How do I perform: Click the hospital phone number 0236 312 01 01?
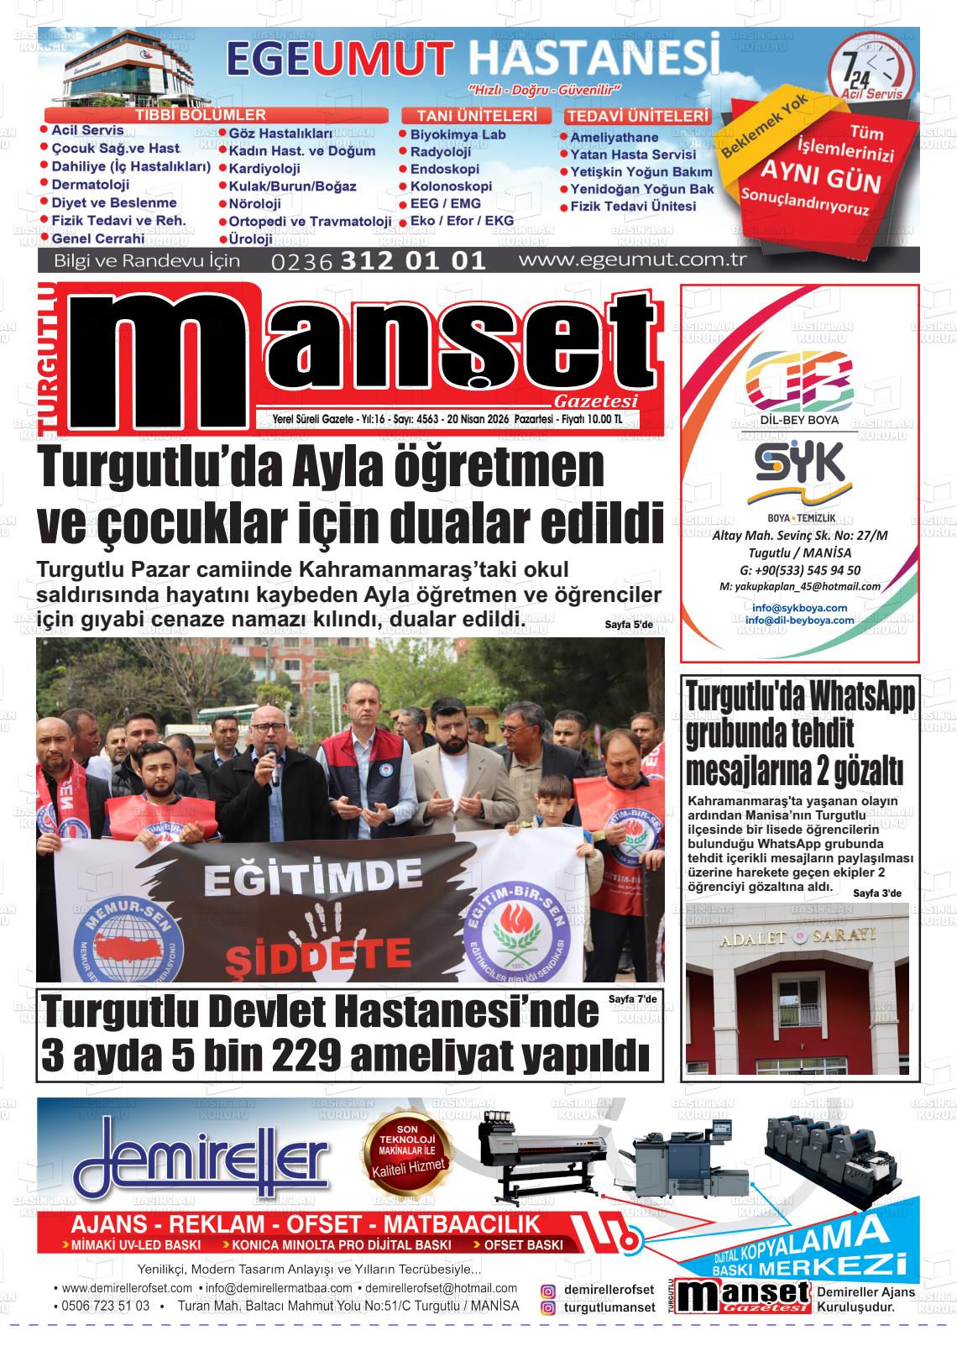click(379, 260)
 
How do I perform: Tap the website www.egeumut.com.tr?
click(632, 259)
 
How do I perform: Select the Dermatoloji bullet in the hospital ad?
click(90, 185)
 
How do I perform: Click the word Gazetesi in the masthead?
click(596, 401)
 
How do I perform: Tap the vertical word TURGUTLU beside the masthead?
click(50, 361)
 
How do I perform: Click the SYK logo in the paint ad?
click(798, 464)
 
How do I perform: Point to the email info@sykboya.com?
click(799, 607)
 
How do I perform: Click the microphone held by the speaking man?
click(270, 761)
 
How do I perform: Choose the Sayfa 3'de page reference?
click(876, 893)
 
